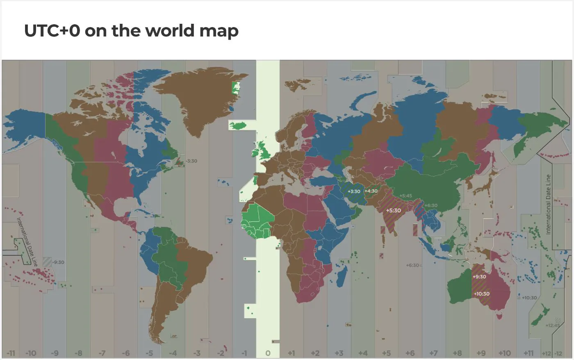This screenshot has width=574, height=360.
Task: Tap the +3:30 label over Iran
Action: click(354, 191)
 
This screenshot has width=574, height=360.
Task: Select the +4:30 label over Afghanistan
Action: click(371, 191)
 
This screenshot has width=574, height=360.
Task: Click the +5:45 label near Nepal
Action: click(405, 196)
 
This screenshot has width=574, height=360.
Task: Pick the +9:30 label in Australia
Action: click(479, 277)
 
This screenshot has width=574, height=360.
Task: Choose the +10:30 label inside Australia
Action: click(481, 294)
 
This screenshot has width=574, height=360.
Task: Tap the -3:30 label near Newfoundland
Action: click(191, 161)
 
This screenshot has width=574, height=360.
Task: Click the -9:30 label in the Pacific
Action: click(58, 262)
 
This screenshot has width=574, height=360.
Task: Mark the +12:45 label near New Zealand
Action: click(552, 326)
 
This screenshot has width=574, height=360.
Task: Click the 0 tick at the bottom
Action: click(268, 353)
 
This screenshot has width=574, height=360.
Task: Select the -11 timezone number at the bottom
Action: click(11, 353)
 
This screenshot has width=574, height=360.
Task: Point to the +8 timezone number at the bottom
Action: click(458, 353)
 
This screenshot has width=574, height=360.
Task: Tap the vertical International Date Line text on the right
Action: click(548, 205)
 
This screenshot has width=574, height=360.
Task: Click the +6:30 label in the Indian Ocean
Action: click(412, 265)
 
